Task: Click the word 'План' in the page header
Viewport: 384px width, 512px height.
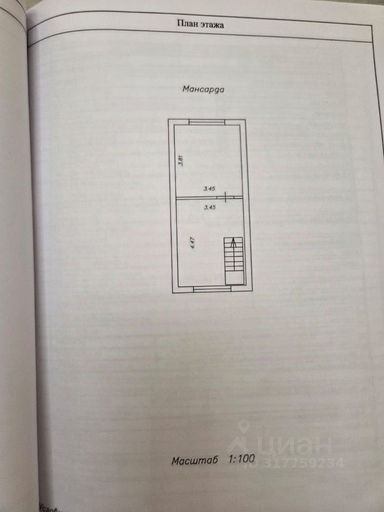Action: click(185, 23)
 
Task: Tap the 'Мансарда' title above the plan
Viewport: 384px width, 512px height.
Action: click(203, 90)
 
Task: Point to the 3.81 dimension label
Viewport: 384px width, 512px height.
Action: click(181, 159)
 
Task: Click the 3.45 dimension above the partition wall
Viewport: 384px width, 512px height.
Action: click(209, 188)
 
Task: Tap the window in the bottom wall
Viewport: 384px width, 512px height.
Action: click(209, 289)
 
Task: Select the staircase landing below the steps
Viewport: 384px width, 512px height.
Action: click(234, 277)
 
